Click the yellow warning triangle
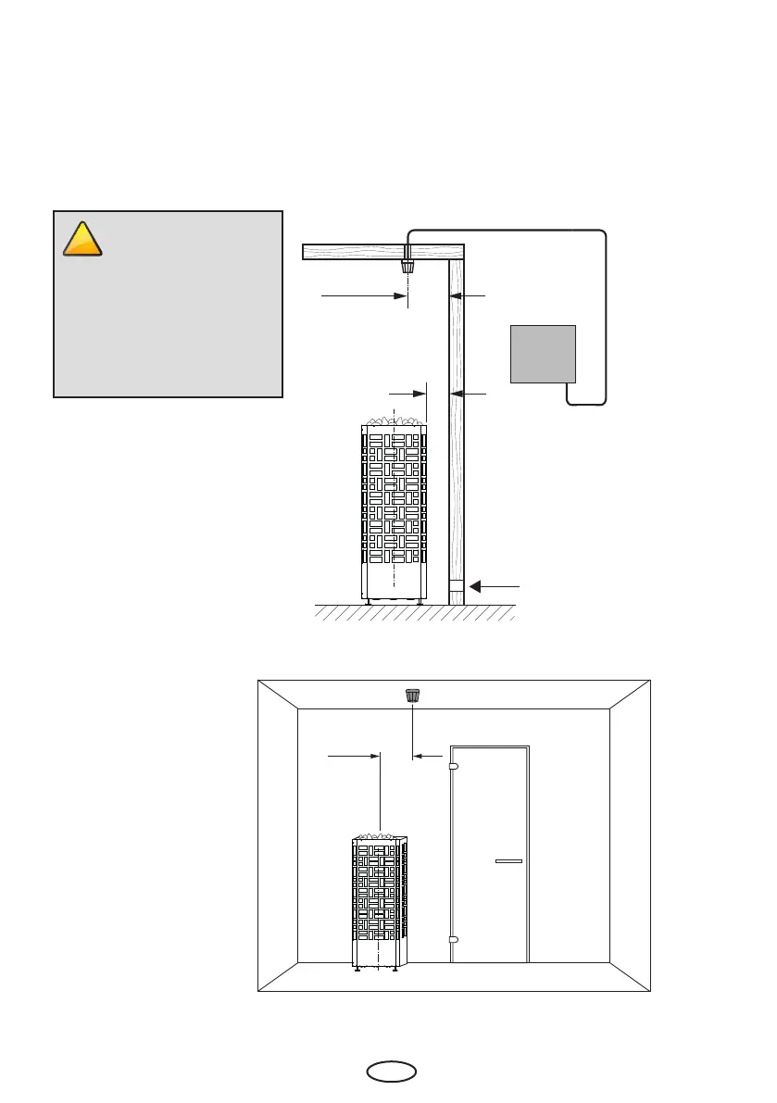(82, 240)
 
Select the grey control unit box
(543, 353)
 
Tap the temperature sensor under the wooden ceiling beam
(407, 267)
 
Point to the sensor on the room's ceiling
(412, 696)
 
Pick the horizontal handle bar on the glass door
(508, 861)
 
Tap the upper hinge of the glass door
(453, 766)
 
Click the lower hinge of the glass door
(453, 940)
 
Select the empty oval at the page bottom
(391, 1073)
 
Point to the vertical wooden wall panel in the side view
(456, 417)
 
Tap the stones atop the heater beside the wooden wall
(395, 421)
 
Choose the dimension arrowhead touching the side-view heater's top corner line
(420, 394)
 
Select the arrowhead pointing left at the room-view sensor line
(418, 756)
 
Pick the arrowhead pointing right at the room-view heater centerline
(374, 756)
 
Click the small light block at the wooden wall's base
(456, 587)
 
